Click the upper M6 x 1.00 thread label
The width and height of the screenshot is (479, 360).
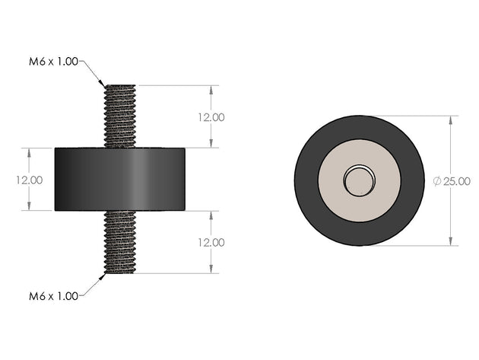52,62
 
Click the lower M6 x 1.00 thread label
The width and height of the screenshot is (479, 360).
52,296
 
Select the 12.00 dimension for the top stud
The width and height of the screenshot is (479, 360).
209,117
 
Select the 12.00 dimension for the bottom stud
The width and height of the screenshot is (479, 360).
209,242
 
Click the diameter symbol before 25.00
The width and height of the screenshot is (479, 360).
437,181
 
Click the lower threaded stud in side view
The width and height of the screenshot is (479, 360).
119,242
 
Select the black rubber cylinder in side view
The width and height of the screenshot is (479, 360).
119,180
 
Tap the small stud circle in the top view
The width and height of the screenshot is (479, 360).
358,180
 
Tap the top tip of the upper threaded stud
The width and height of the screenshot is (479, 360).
119,86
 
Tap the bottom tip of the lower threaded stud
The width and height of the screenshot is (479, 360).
119,272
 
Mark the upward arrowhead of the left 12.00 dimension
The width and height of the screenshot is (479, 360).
30,151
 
